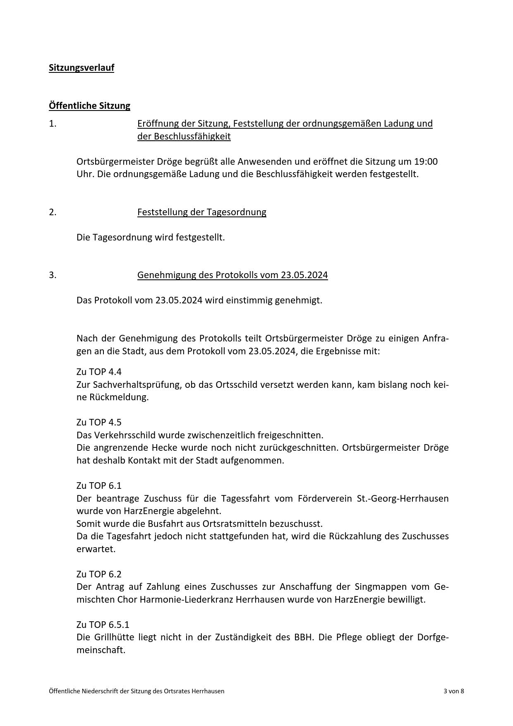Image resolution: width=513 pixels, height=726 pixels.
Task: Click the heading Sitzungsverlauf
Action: [82, 67]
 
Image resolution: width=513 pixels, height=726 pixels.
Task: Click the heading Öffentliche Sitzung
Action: [89, 106]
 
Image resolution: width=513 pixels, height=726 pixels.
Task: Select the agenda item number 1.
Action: [53, 123]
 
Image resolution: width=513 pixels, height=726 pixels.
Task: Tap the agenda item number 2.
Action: [53, 212]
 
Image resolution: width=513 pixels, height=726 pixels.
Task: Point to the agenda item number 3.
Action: [53, 275]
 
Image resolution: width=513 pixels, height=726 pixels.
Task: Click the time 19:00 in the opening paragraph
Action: [426, 161]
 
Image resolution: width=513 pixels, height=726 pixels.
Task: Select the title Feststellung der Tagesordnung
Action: [201, 212]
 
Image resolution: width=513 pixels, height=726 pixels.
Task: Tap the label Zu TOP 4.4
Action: [99, 372]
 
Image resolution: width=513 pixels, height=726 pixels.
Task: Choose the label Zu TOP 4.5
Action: [99, 422]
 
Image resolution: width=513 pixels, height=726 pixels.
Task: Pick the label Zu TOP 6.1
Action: [99, 485]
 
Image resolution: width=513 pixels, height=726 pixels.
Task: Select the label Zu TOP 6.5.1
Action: [103, 624]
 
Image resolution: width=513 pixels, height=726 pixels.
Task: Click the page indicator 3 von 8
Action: [453, 691]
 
